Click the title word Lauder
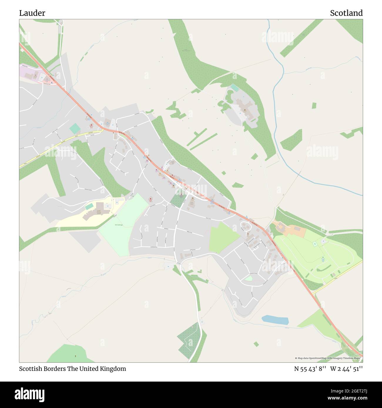pyautogui.click(x=32, y=13)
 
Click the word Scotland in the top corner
pyautogui.click(x=346, y=13)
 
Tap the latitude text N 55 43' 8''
pyautogui.click(x=310, y=369)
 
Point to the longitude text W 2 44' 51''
pyautogui.click(x=346, y=369)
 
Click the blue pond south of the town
pyautogui.click(x=275, y=320)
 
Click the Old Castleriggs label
pyautogui.click(x=118, y=225)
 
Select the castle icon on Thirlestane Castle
pyautogui.click(x=244, y=110)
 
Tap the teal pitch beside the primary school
pyautogui.click(x=89, y=206)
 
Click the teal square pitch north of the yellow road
pyautogui.click(x=74, y=128)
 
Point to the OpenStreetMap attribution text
pyautogui.click(x=327, y=358)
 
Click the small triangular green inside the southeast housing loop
pyautogui.click(x=248, y=278)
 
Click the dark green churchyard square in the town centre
pyautogui.click(x=177, y=201)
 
